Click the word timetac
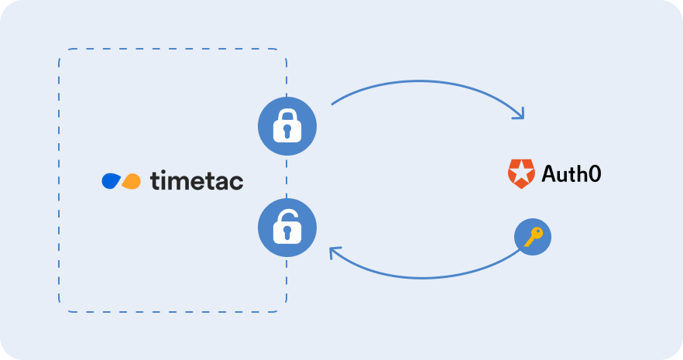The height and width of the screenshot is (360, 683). tap(197, 180)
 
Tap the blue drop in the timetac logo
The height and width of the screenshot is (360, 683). tap(111, 180)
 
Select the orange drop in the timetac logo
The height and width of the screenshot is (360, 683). tap(131, 181)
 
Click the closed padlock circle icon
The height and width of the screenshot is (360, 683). tap(287, 126)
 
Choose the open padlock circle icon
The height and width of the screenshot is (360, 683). tap(287, 228)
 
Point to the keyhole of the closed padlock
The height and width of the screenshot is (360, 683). tap(287, 130)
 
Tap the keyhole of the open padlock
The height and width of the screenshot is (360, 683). tap(287, 232)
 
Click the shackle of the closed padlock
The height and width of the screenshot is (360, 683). tap(287, 116)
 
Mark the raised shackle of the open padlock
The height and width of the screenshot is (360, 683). tap(287, 216)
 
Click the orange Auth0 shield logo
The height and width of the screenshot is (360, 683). tap(521, 173)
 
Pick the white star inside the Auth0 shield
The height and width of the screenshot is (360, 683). tap(521, 173)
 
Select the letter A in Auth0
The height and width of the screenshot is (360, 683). tap(550, 173)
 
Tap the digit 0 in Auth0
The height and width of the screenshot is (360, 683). tap(595, 173)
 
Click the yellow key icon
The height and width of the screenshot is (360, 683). tap(533, 237)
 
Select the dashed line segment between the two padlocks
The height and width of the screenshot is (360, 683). tap(287, 177)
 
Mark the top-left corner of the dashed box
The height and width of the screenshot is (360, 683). tap(59, 50)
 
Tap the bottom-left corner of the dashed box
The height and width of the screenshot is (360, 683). tap(59, 311)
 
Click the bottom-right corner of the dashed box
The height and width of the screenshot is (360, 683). tap(287, 311)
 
